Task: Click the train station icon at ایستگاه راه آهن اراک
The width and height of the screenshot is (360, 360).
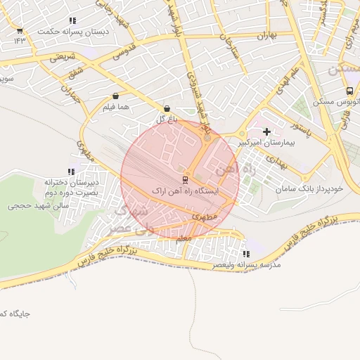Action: click(186, 179)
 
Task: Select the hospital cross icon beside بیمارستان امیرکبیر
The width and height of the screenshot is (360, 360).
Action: click(266, 131)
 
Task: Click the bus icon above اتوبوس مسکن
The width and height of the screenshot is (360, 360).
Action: click(349, 91)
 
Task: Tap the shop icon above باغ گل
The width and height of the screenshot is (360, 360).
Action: click(167, 108)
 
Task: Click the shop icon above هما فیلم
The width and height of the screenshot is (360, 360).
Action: click(115, 96)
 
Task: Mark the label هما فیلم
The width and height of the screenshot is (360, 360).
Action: click(116, 107)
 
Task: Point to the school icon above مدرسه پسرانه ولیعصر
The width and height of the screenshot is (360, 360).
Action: click(245, 254)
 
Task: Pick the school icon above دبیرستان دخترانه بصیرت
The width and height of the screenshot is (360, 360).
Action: click(70, 172)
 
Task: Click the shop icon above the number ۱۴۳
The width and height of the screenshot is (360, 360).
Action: click(20, 31)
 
